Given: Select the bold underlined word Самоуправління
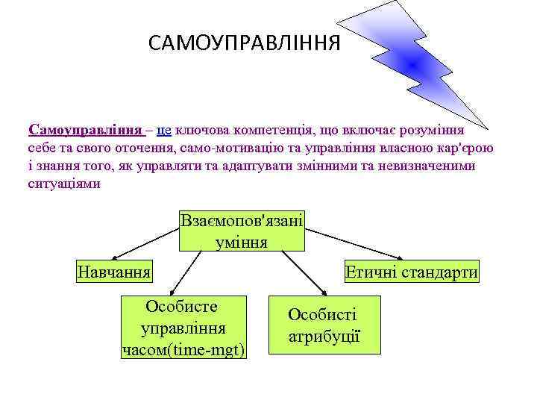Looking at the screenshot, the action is pyautogui.click(x=87, y=130).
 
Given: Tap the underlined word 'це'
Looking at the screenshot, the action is pyautogui.click(x=164, y=130).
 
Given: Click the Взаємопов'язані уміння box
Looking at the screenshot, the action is pyautogui.click(x=242, y=231).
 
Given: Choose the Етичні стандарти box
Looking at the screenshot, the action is pyautogui.click(x=411, y=272).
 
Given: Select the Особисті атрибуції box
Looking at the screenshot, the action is pyautogui.click(x=324, y=325).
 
